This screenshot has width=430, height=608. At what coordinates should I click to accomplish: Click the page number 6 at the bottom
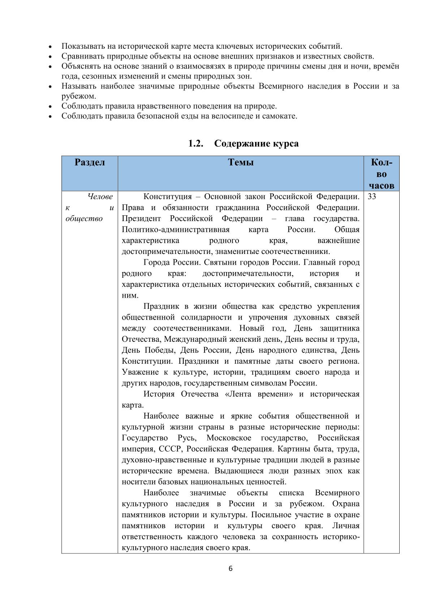tap(231, 569)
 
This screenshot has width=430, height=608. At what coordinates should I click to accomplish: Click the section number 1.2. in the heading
tap(196, 143)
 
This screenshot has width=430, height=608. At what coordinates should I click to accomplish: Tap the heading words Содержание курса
tap(256, 143)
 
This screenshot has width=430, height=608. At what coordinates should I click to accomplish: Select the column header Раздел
tap(90, 162)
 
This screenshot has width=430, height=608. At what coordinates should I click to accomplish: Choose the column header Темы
tap(241, 162)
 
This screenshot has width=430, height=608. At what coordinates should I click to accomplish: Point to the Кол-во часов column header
tap(381, 174)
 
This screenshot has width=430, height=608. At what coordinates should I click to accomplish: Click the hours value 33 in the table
tap(372, 197)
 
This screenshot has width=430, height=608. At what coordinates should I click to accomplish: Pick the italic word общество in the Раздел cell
tap(84, 219)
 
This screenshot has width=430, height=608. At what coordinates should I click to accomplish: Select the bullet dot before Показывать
tap(51, 47)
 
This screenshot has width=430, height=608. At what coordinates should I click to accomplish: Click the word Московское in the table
tap(229, 438)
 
